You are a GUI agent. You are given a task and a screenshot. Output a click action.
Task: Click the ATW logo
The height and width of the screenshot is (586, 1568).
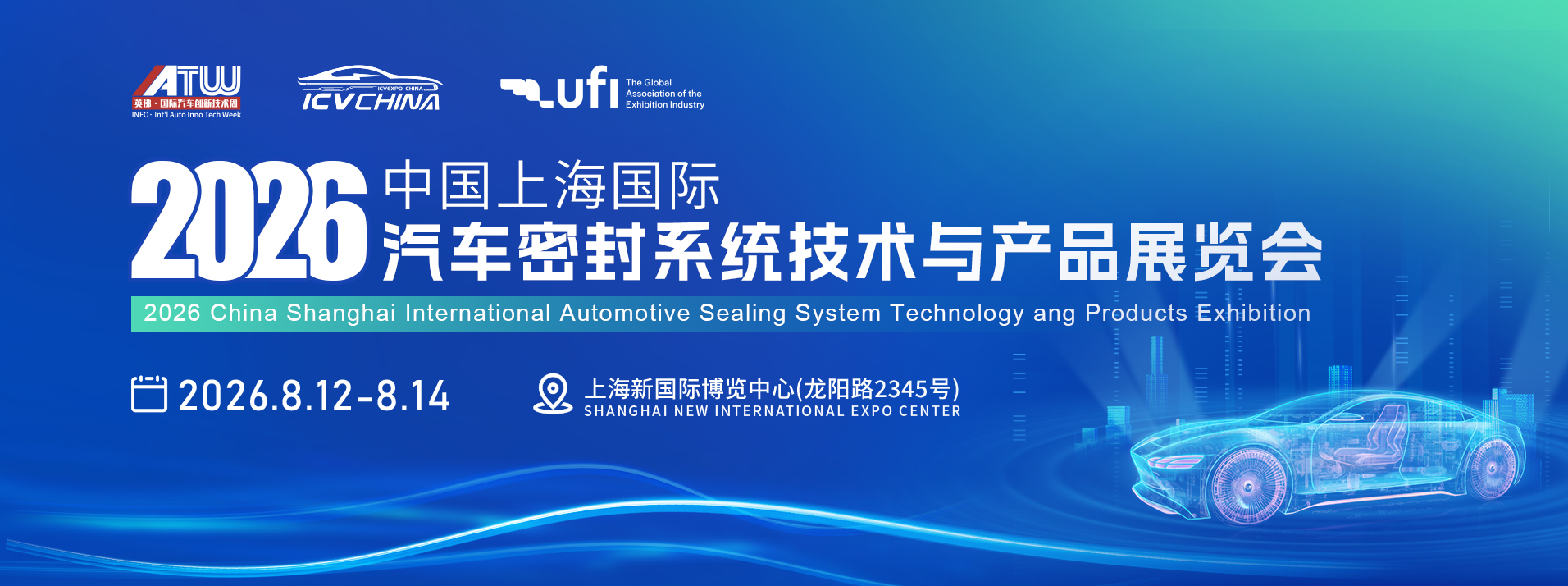[187, 92]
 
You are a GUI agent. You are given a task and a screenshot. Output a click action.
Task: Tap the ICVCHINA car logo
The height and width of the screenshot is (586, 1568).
[370, 89]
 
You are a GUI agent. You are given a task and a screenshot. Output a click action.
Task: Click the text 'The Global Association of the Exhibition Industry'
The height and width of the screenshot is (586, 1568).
[665, 94]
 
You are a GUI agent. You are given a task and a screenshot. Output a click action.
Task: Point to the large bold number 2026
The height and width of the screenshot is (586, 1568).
[248, 220]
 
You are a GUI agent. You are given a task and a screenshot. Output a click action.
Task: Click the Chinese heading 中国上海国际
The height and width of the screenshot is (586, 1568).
[552, 185]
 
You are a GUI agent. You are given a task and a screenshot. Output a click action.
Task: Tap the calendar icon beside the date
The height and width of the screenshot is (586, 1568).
[149, 394]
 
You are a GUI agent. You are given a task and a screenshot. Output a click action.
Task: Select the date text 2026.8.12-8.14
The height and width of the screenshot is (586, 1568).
[314, 396]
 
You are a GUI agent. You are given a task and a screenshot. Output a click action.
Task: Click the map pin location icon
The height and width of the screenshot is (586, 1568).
[553, 394]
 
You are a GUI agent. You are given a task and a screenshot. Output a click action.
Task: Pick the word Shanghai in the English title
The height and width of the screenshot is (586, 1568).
[341, 314]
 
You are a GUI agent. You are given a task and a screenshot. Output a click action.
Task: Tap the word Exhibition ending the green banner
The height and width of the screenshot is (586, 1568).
[1253, 313]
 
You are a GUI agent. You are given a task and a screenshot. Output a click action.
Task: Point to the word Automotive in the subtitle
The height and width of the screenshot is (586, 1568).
[625, 313]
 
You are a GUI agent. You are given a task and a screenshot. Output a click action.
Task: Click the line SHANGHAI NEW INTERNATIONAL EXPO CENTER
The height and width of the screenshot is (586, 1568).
[773, 411]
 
